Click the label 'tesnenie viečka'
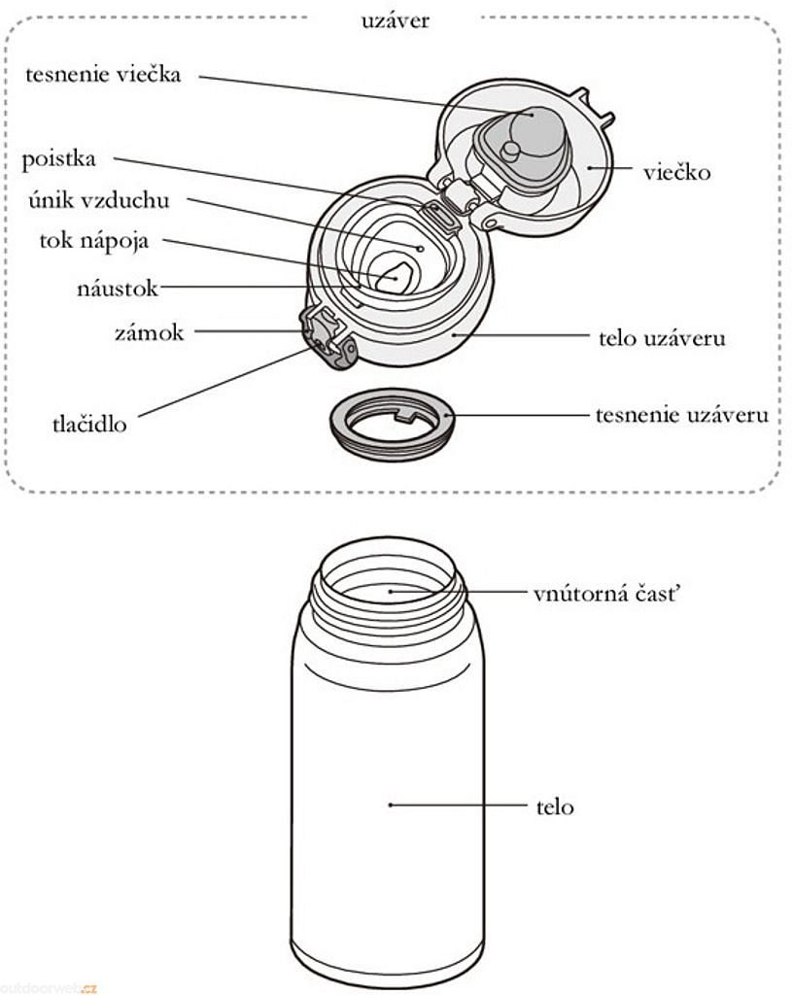point(102,75)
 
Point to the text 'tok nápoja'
point(94,241)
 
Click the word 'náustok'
point(117,288)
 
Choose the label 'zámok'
point(148,331)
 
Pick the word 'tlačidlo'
point(88,425)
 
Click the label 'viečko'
point(676,173)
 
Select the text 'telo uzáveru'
point(662,338)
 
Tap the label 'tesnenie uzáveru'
point(681,416)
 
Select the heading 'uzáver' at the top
point(394,20)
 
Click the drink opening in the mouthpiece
point(395,278)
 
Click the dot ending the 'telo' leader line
point(390,805)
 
